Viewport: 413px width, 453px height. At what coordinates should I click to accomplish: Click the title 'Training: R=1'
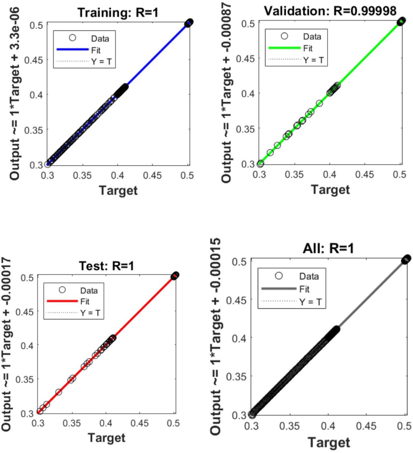118,13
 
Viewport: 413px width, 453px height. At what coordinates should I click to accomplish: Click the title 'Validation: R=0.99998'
330,11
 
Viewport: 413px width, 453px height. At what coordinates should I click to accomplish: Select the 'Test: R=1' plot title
106,266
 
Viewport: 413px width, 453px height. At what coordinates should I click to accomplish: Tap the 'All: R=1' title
328,248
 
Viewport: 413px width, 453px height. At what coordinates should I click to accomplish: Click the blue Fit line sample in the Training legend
72,49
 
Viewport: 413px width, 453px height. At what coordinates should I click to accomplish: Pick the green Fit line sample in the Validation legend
284,48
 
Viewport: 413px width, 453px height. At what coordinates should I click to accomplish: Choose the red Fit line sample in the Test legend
62,301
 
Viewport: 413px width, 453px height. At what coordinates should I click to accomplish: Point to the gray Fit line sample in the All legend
279,288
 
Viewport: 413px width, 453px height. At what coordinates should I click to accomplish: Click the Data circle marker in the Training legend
72,38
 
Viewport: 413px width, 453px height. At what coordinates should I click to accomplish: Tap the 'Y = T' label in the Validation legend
313,60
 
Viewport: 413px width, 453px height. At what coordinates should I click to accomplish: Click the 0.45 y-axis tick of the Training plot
34,60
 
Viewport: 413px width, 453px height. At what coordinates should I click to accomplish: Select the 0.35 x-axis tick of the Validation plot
294,174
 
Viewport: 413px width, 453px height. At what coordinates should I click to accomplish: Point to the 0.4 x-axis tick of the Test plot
106,423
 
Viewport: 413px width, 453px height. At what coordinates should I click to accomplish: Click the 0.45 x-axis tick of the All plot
366,426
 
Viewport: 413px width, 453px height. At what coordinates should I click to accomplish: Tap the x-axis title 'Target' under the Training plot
118,190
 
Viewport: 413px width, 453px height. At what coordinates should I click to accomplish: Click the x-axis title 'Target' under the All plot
329,442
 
